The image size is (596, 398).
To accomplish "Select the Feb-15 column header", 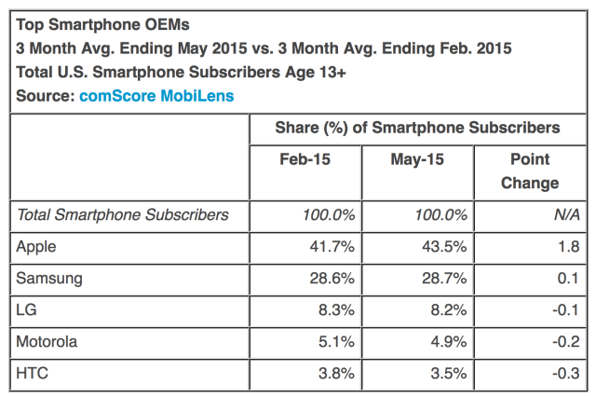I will [x=305, y=159].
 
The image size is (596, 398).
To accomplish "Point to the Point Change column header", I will [x=529, y=171].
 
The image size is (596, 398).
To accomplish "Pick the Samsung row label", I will [x=48, y=277].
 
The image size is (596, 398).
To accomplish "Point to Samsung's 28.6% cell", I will [x=331, y=277].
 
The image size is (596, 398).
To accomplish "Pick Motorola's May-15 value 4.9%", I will [x=446, y=340].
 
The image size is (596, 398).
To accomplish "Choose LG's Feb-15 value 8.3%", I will [x=335, y=309].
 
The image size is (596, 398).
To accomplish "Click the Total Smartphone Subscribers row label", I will [x=122, y=214].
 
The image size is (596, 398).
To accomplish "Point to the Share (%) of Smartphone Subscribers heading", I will [x=417, y=128].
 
